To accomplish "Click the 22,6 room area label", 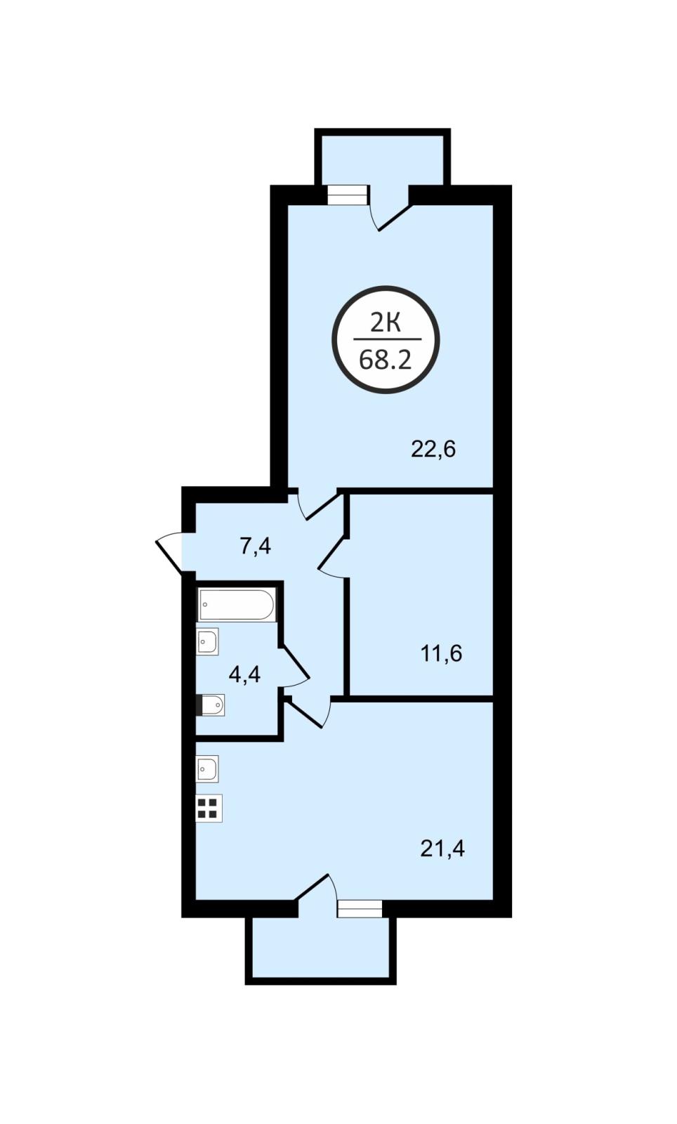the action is (433, 449).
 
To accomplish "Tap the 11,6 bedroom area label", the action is (440, 654).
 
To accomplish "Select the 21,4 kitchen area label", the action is (442, 849).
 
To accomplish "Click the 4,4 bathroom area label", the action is (244, 674).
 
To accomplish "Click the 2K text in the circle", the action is (385, 324).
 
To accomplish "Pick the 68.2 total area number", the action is (385, 360).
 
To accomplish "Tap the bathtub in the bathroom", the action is (236, 604).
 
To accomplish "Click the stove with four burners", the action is (209, 809).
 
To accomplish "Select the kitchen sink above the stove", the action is (207, 769).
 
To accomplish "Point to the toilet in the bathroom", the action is (210, 705).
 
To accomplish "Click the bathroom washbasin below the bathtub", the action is (207, 641).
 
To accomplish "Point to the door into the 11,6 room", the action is (332, 556).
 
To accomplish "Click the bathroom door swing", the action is (295, 667).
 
